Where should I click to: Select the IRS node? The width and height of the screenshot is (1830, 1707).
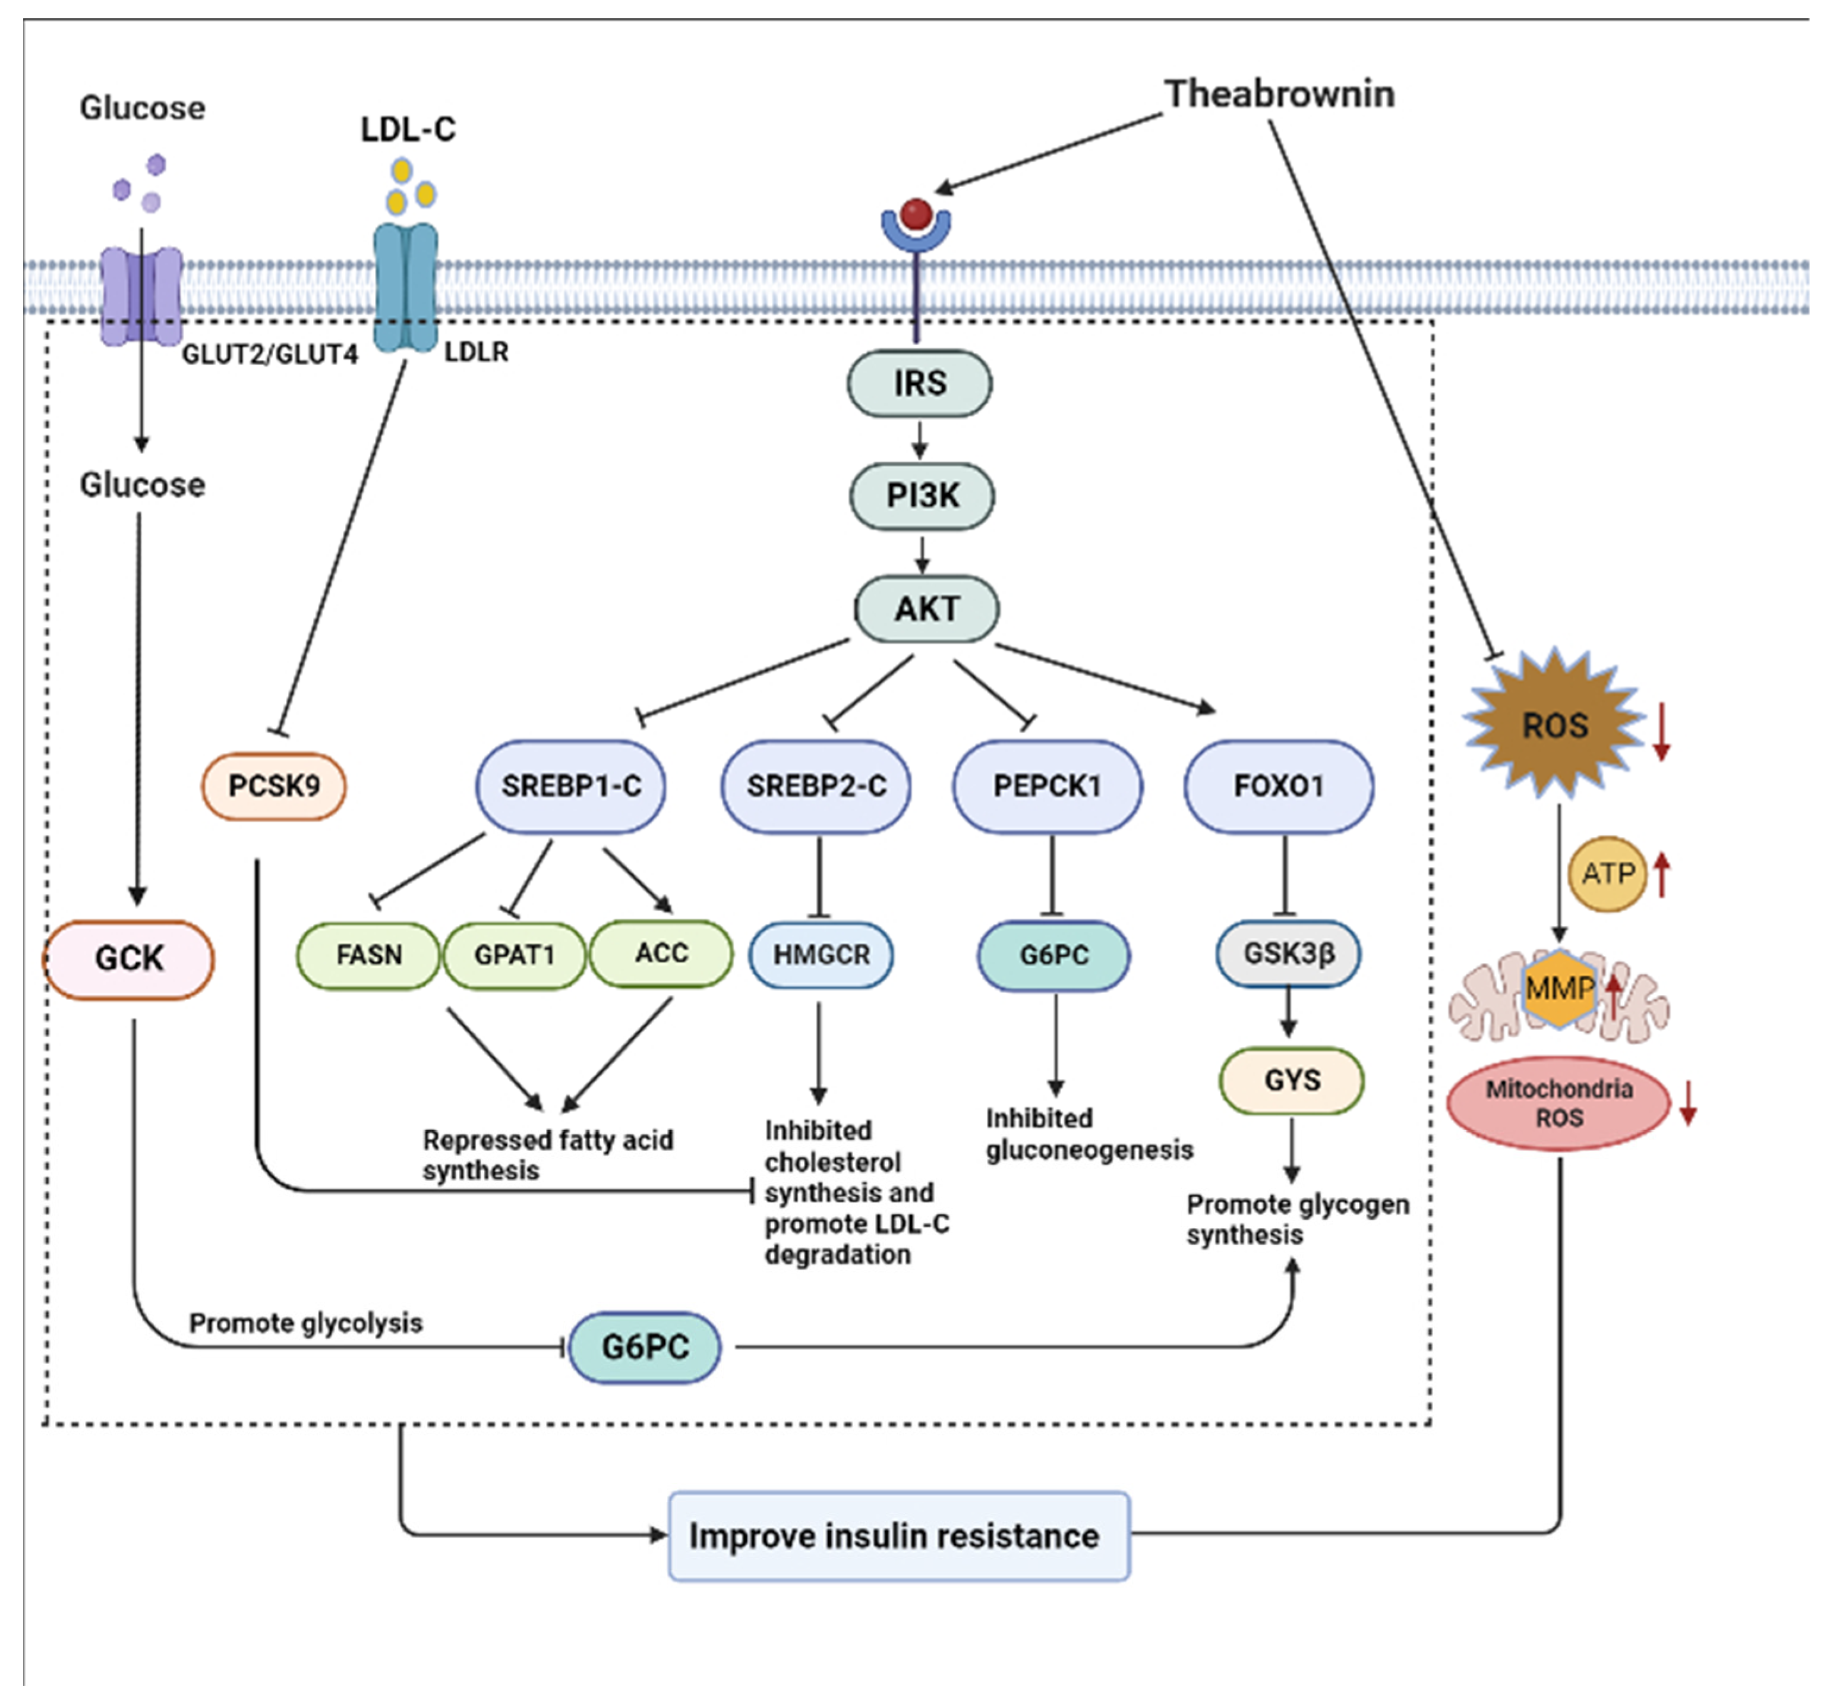click(x=920, y=383)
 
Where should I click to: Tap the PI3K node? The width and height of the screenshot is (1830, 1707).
click(x=922, y=496)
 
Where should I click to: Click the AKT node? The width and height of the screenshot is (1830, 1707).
click(x=926, y=608)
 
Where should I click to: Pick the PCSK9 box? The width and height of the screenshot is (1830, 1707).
click(x=274, y=786)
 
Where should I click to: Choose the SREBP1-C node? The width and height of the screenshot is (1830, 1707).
click(x=571, y=786)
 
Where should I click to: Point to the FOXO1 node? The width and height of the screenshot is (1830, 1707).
click(x=1279, y=786)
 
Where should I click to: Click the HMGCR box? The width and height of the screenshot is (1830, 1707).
click(x=821, y=955)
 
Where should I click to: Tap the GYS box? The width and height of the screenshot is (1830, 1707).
click(x=1292, y=1080)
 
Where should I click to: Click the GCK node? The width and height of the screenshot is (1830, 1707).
click(x=129, y=960)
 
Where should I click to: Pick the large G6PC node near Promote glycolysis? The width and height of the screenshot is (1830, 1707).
click(x=645, y=1347)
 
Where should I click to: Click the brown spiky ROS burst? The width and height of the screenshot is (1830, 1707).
click(x=1555, y=725)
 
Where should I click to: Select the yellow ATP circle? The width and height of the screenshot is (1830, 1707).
click(x=1607, y=873)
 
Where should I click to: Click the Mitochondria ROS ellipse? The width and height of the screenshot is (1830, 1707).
click(x=1558, y=1103)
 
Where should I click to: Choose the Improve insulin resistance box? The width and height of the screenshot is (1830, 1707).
click(x=898, y=1536)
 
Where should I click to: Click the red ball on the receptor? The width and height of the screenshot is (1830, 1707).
click(x=916, y=214)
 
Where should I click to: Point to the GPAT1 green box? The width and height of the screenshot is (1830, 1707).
click(x=514, y=955)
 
